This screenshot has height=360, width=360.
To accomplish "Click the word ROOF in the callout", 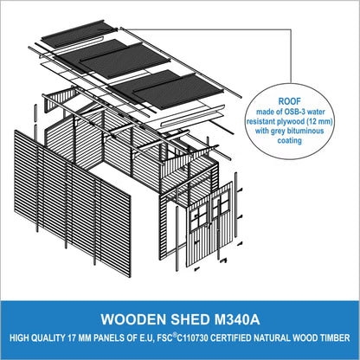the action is pyautogui.click(x=289, y=101).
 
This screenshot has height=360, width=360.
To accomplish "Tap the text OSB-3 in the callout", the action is pyautogui.click(x=288, y=112).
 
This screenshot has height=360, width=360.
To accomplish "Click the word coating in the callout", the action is pyautogui.click(x=290, y=140).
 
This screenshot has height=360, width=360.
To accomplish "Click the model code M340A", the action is pyautogui.click(x=237, y=319).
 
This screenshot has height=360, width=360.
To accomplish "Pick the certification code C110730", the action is pyautogui.click(x=192, y=338).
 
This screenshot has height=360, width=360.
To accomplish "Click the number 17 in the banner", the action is pyautogui.click(x=72, y=338).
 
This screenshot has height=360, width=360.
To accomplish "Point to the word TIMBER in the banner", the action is pyautogui.click(x=335, y=338).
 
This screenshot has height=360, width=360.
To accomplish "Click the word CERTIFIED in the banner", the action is pyautogui.click(x=231, y=338).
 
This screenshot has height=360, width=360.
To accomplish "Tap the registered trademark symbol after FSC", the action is pyautogui.click(x=175, y=335).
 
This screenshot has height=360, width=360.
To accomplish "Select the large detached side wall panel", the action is pyautogui.click(x=73, y=203).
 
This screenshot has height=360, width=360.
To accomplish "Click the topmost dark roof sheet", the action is pyautogui.click(x=80, y=33).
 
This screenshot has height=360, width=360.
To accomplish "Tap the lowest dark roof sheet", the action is pyautogui.click(x=179, y=91).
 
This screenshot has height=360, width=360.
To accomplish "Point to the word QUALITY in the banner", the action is pyautogui.click(x=48, y=338).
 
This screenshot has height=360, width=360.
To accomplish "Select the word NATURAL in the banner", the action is pyautogui.click(x=273, y=338).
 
